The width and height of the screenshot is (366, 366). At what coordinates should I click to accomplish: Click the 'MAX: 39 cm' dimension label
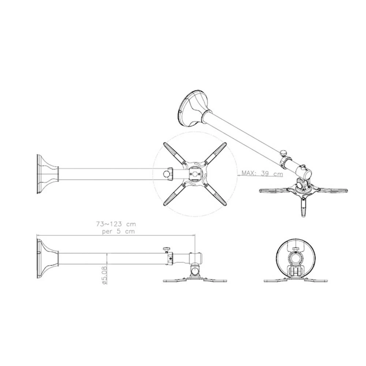tap(262, 174)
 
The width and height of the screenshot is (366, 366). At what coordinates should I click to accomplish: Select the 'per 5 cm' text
tap(118, 231)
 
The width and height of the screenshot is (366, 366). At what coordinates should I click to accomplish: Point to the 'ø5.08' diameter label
tap(104, 275)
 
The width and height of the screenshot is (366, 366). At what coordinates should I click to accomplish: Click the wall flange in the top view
tap(46, 174)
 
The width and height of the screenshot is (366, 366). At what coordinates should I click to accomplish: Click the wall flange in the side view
tap(46, 258)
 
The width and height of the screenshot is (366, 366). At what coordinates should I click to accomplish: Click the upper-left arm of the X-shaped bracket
tap(174, 153)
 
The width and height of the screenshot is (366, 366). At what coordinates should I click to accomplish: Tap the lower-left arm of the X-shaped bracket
tap(174, 194)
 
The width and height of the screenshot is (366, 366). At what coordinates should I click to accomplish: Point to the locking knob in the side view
tap(167, 250)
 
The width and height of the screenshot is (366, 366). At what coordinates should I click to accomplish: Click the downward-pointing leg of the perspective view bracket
tap(303, 207)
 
